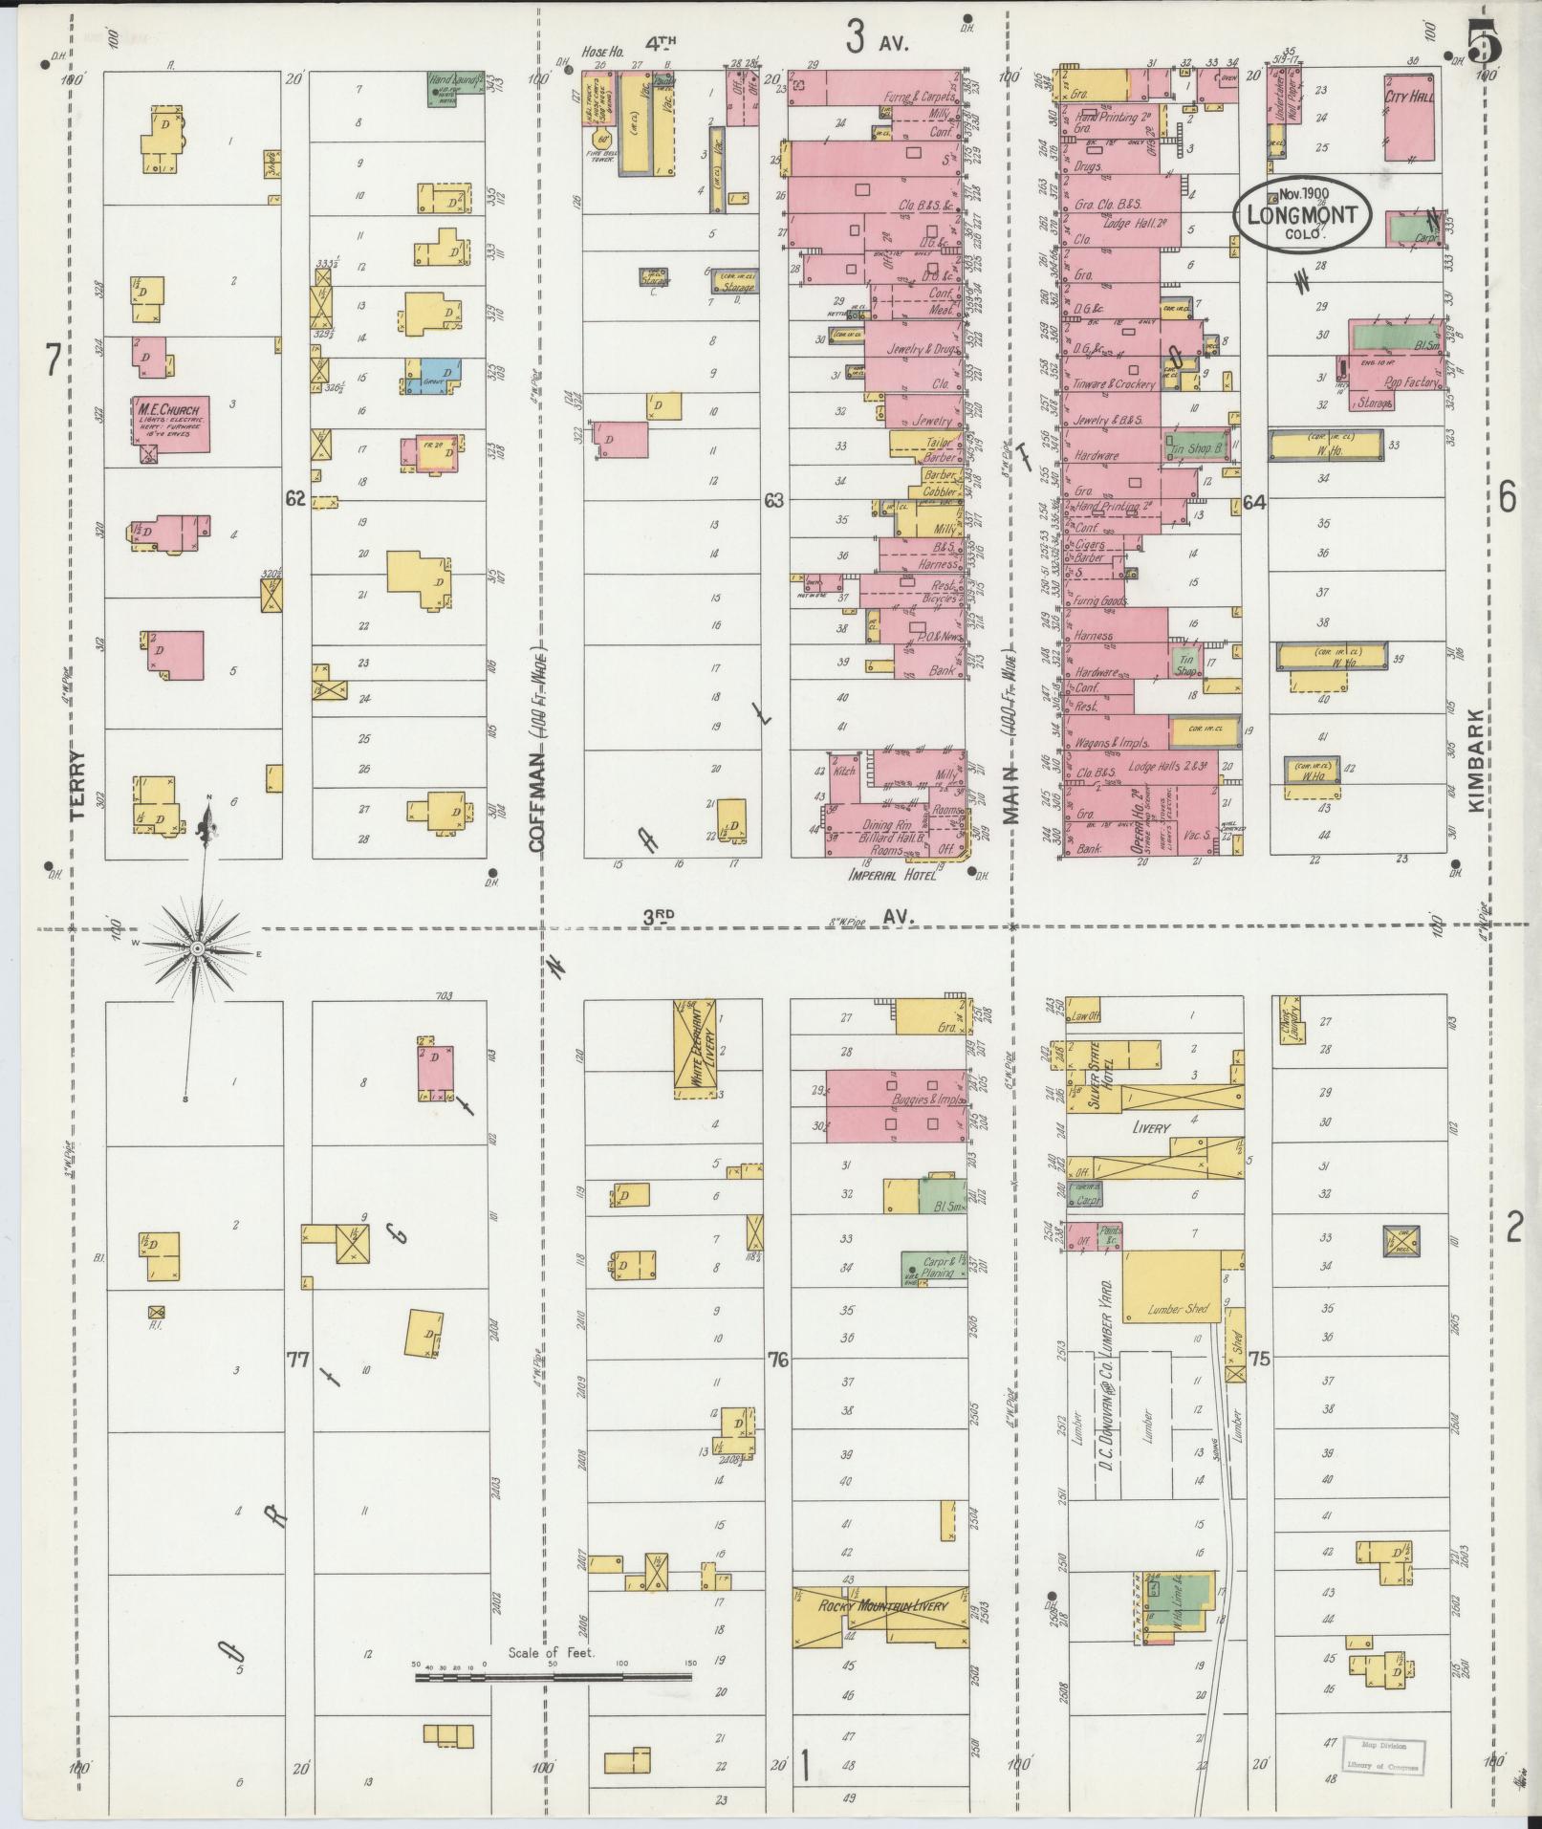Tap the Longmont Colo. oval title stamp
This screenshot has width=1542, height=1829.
click(1301, 214)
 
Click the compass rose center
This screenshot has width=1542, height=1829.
click(196, 948)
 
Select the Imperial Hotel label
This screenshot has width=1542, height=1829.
click(889, 873)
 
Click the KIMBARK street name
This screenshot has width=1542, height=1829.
click(1475, 760)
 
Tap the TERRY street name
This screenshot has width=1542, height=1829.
click(77, 784)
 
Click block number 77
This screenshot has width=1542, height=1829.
click(298, 1358)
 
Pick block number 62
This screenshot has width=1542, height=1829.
click(294, 498)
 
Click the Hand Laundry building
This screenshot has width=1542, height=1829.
click(453, 88)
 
